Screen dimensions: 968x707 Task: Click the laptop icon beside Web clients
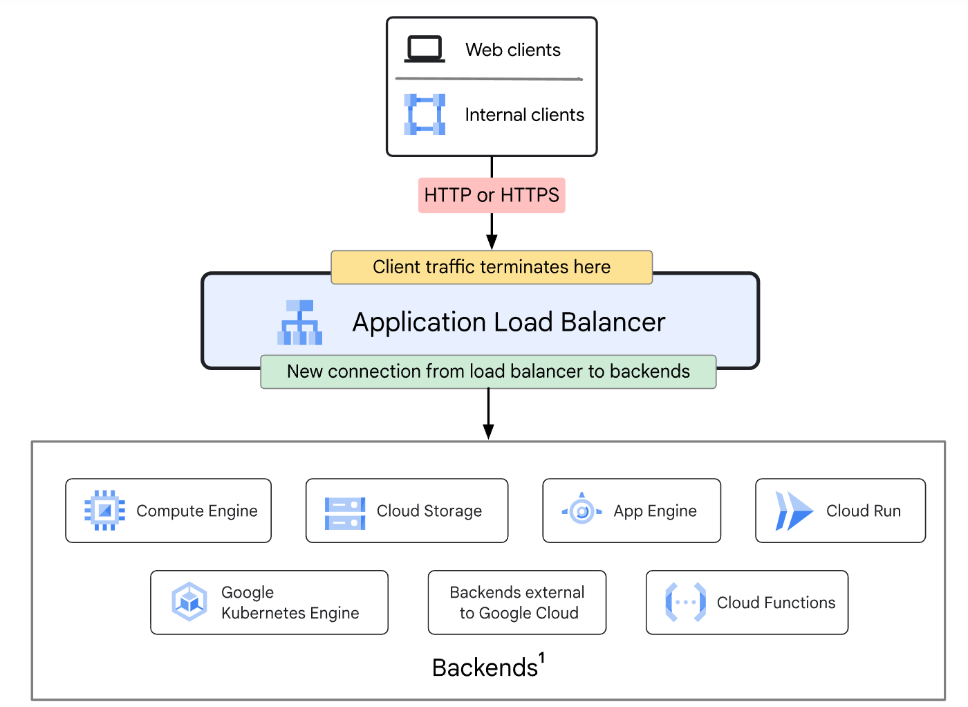pos(425,49)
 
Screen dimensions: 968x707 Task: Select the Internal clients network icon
pos(425,114)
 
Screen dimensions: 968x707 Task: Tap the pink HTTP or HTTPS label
pos(492,195)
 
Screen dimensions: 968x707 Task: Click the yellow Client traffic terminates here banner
pos(492,267)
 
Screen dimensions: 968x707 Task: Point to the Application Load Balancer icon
pos(299,322)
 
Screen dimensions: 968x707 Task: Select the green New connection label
pos(488,371)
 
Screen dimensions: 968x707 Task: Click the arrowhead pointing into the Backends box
pos(488,432)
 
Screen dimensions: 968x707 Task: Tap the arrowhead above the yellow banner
pos(492,241)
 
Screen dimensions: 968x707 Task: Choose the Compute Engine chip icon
pos(104,511)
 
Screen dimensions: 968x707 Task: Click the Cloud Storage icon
pos(345,513)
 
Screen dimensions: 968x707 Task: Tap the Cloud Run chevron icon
pos(794,511)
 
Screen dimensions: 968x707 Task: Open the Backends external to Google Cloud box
pos(517,603)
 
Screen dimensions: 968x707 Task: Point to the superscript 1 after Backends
pos(541,658)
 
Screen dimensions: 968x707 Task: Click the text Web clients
pos(513,50)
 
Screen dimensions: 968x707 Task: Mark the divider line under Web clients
pos(490,79)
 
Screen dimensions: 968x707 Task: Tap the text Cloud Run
pos(864,511)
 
